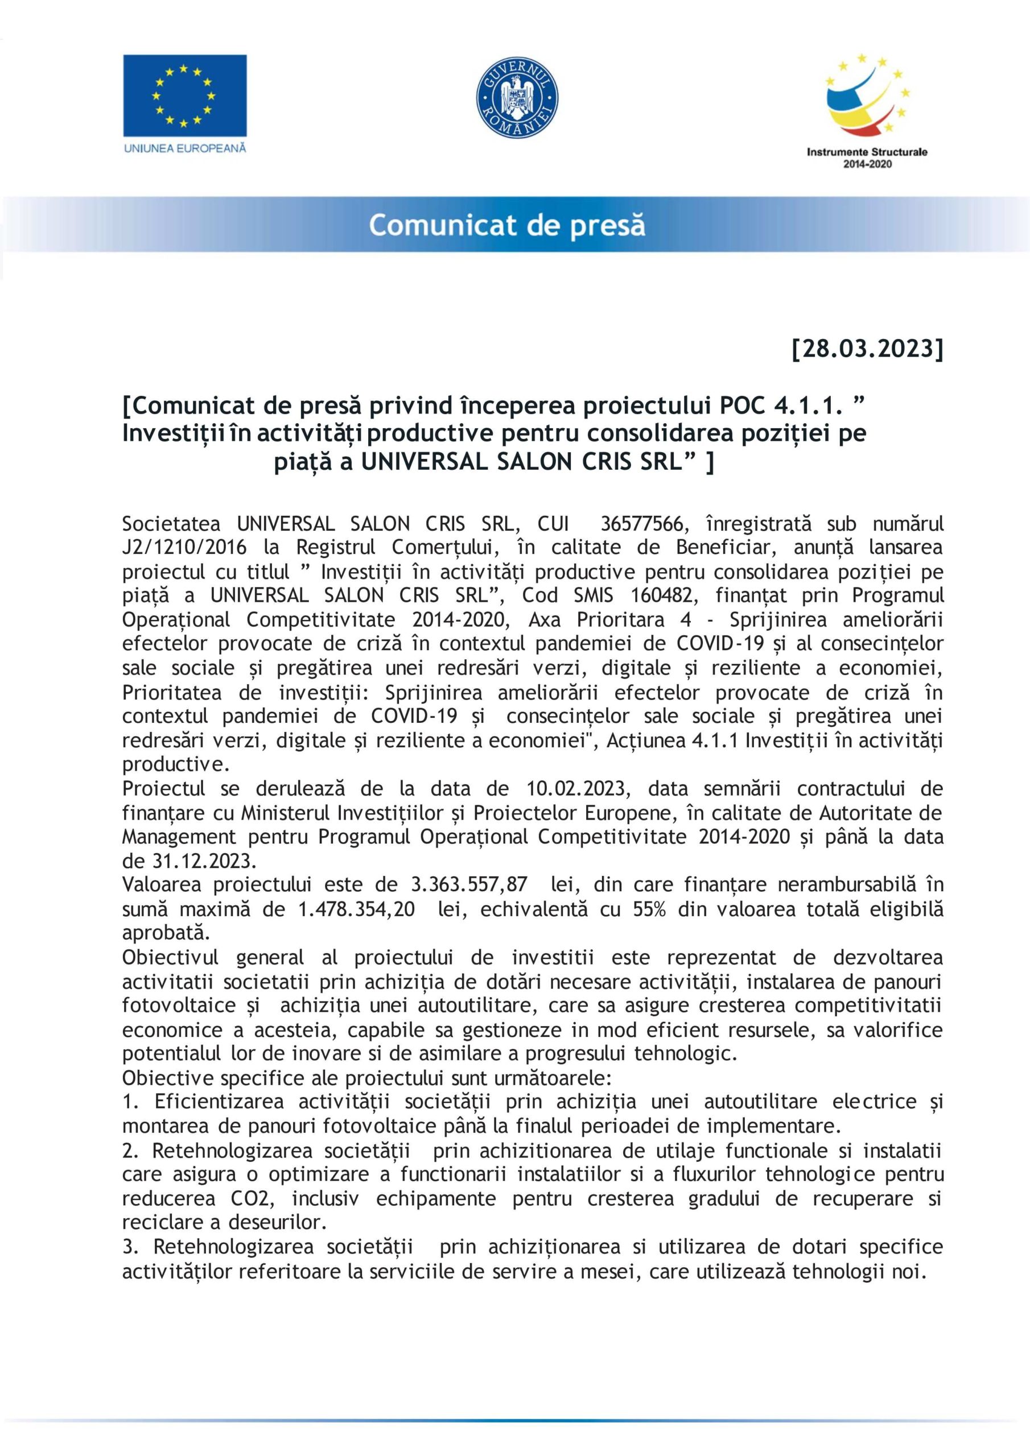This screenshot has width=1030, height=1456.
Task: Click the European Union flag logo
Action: point(185,95)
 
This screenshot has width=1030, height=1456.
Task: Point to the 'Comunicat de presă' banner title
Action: point(506,225)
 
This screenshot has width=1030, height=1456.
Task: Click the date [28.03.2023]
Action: point(867,349)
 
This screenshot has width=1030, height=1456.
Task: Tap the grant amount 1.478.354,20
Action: point(357,909)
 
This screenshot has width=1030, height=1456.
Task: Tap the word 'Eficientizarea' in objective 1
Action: point(219,1102)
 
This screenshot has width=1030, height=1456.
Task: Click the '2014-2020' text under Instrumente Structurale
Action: point(867,164)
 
